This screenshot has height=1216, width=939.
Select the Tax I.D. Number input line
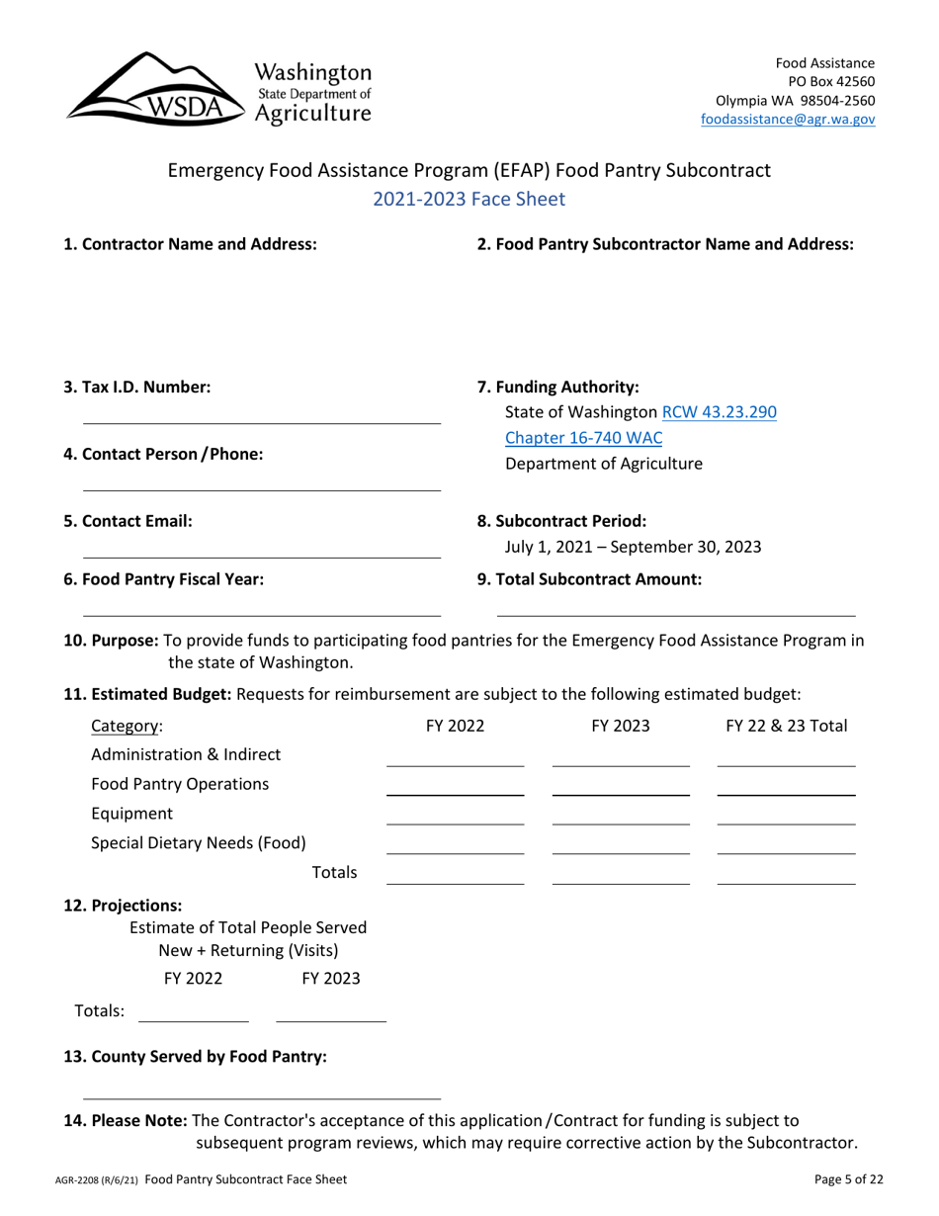pyautogui.click(x=261, y=415)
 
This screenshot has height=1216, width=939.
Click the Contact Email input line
pyautogui.click(x=261, y=549)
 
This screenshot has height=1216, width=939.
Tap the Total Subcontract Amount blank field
pyautogui.click(x=675, y=607)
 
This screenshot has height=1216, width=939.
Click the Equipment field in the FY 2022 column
pyautogui.click(x=455, y=816)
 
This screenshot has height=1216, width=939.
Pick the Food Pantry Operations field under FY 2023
pyautogui.click(x=621, y=786)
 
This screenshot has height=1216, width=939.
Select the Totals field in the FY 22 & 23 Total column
pyautogui.click(x=786, y=875)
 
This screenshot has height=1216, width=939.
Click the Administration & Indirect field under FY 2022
pyautogui.click(x=455, y=756)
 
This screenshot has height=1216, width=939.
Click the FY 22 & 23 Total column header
pyautogui.click(x=786, y=727)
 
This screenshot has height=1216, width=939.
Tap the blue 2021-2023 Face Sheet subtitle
pyautogui.click(x=469, y=199)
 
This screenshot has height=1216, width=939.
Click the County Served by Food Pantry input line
pyautogui.click(x=261, y=1089)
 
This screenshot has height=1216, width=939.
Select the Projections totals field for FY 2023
pyautogui.click(x=331, y=1012)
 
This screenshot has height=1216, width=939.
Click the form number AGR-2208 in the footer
pyautogui.click(x=95, y=1180)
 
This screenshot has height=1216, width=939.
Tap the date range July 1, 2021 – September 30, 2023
pyautogui.click(x=633, y=547)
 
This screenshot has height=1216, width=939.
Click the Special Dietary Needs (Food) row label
pyautogui.click(x=198, y=843)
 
